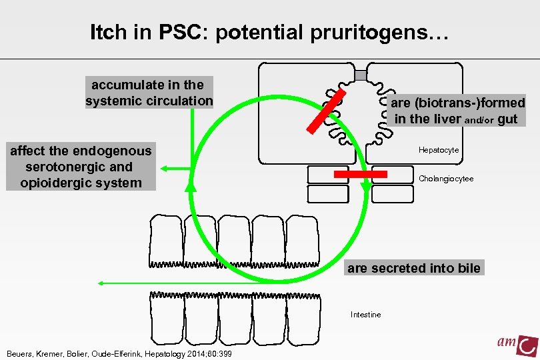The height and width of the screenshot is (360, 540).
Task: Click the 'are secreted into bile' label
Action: [413, 268]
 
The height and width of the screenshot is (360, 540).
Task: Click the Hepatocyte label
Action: [439, 150]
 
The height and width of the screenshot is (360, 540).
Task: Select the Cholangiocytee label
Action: [446, 179]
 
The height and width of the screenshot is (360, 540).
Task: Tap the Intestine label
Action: [366, 315]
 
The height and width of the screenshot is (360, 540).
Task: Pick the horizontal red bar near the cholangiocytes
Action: [360, 174]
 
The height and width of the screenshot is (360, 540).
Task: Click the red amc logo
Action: [517, 344]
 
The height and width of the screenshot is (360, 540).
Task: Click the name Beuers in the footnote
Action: [19, 353]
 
